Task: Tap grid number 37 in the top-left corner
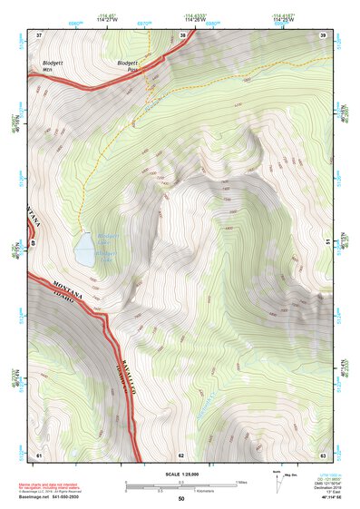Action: [39, 35]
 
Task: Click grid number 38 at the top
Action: [182, 35]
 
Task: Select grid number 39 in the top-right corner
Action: [323, 35]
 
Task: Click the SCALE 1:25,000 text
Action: [180, 475]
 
